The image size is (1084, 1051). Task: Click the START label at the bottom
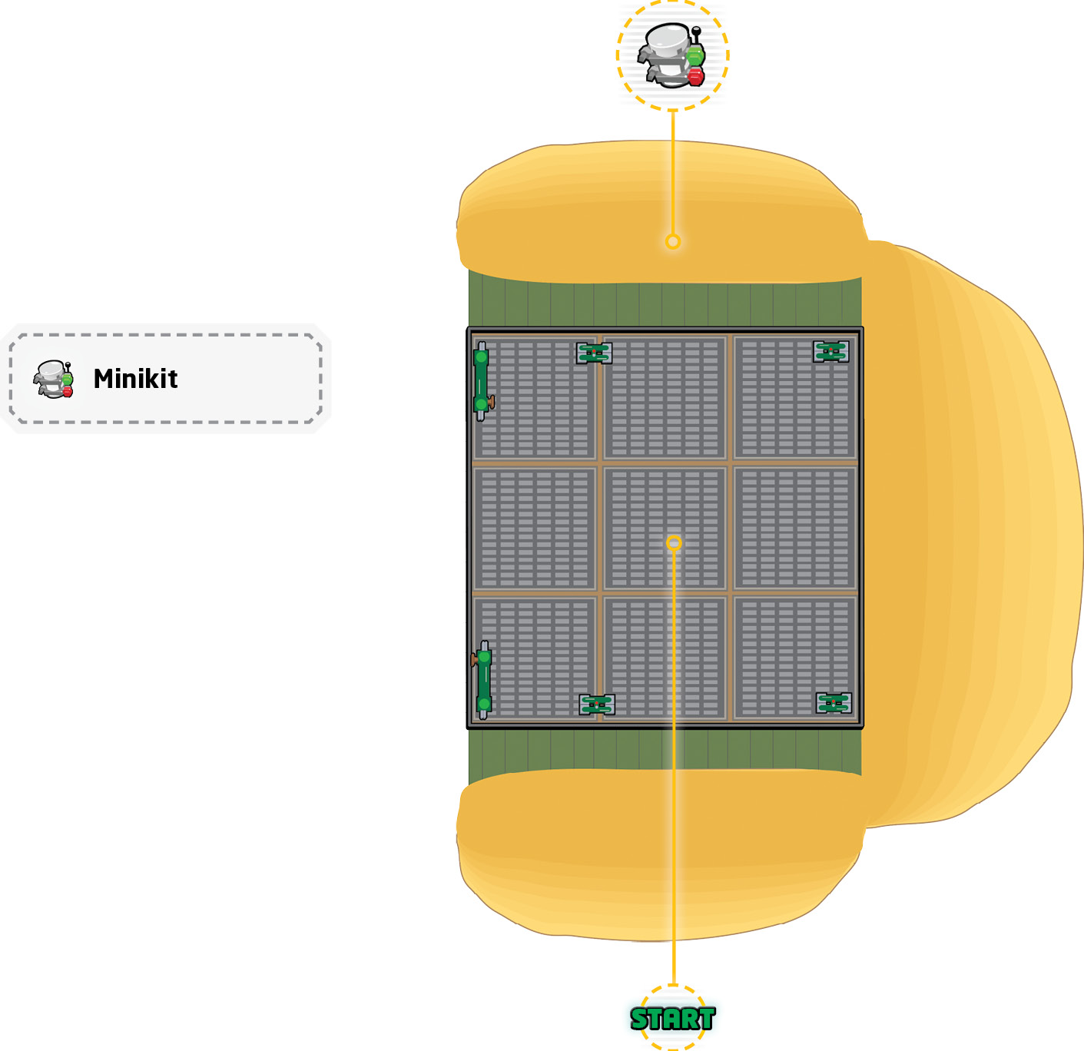672,1019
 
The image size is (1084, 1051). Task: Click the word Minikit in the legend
135,379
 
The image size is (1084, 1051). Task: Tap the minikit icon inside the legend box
54,379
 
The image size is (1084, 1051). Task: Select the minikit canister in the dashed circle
671,55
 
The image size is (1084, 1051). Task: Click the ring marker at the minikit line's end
673,242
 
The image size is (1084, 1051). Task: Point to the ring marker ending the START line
674,543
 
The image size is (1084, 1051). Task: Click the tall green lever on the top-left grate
482,380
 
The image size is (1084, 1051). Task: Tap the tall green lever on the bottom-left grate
482,679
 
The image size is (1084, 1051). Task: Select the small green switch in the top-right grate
830,351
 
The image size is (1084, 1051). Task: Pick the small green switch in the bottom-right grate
834,703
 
